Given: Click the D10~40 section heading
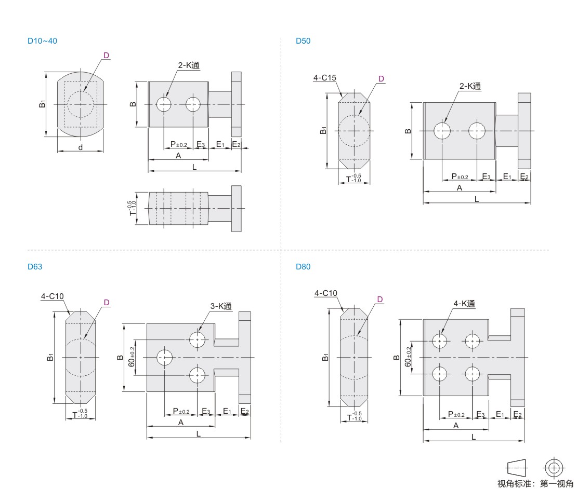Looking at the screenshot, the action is point(42,41).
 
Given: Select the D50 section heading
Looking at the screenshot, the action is point(303,41).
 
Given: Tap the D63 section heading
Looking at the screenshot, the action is point(35,267).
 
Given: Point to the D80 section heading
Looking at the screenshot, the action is point(303,267).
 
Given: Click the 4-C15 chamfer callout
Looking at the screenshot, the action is point(324,77).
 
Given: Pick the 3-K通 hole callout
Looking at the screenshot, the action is point(221,306).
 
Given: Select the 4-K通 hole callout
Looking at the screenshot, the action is point(464,304).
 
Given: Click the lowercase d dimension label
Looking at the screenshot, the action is point(81,147).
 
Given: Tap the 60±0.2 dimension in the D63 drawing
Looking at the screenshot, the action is point(132,357).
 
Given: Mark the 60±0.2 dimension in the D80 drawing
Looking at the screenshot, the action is point(408,357).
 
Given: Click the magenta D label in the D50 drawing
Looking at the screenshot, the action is point(381,78).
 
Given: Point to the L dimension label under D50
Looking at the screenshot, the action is point(477,199).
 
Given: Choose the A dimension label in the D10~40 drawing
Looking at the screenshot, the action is point(178,156).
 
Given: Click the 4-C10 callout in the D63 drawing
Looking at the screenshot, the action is point(53,296).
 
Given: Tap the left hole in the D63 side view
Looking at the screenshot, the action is point(164,358).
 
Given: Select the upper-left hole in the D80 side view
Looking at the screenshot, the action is point(439,341).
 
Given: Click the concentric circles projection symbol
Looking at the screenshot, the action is point(554,468).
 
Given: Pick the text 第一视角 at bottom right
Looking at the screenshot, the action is point(557,483).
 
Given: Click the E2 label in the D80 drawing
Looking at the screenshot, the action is point(518,414).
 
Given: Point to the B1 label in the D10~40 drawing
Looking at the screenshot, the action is point(42,104).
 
